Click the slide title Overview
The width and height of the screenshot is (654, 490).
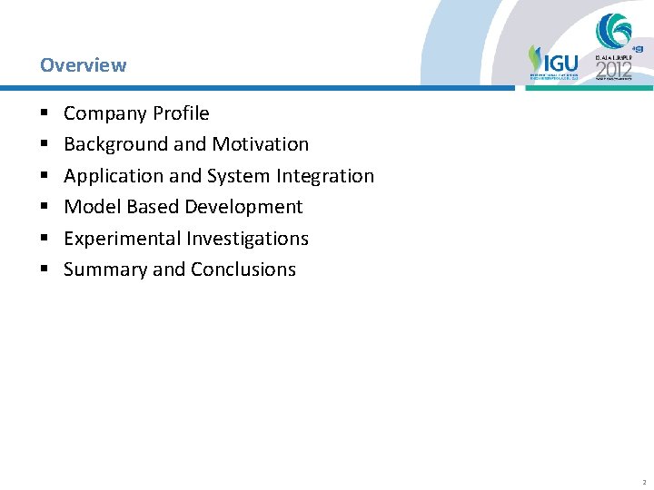[x=83, y=65]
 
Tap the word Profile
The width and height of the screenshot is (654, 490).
[x=182, y=113]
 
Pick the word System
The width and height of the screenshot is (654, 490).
[x=237, y=176]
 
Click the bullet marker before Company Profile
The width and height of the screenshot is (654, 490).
[x=44, y=114]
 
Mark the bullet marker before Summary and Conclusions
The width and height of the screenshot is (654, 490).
[x=44, y=270]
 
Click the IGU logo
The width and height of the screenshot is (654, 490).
[x=553, y=62]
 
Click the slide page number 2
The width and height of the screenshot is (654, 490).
[x=642, y=482]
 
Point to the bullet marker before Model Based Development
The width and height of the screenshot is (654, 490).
[x=44, y=208]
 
